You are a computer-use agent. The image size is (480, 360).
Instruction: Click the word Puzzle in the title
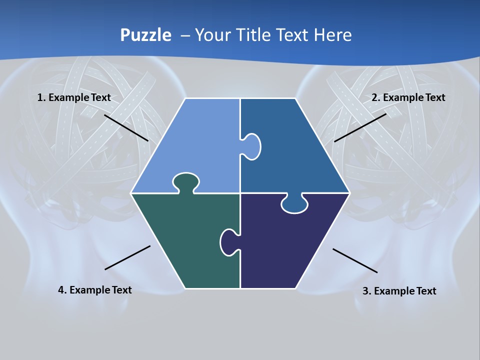[x=145, y=35]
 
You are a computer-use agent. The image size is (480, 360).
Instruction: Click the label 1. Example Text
[x=74, y=97]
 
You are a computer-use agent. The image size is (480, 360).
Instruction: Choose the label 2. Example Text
[x=408, y=97]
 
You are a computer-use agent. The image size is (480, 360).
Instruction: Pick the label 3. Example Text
[x=399, y=291]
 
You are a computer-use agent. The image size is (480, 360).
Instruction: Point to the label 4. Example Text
[x=95, y=290]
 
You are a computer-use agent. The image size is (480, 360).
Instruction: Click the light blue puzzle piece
[x=195, y=145]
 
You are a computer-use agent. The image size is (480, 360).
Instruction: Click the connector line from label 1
[x=126, y=127]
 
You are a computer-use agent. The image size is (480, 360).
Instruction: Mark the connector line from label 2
[x=360, y=127]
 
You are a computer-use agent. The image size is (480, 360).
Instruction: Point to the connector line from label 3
[x=355, y=260]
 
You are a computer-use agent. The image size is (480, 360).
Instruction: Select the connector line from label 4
[x=127, y=257]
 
